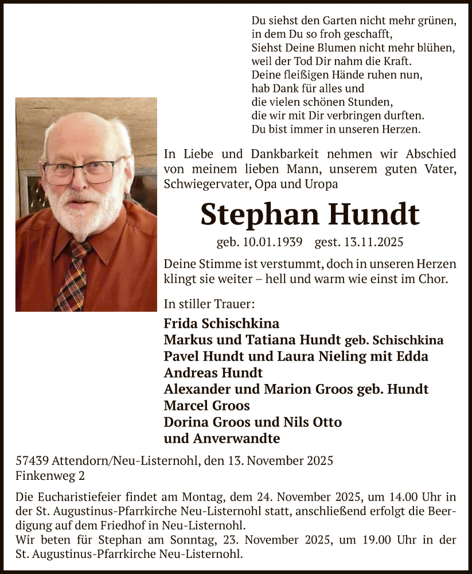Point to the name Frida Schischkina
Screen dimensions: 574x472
(221, 324)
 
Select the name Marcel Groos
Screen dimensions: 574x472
(206, 406)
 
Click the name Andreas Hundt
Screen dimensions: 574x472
(213, 373)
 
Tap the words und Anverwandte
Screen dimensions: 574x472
(221, 439)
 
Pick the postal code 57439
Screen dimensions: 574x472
(32, 461)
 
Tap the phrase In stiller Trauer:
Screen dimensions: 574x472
(209, 304)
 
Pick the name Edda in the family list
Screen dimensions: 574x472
(414, 356)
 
